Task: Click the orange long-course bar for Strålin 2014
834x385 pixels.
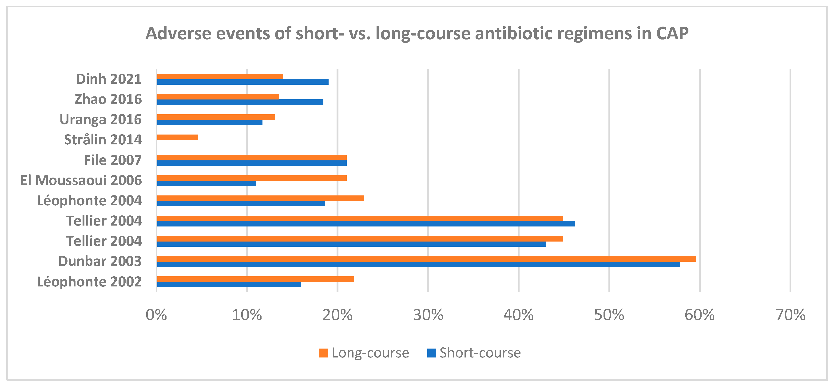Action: (x=177, y=137)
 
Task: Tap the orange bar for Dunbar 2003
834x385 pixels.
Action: (x=426, y=259)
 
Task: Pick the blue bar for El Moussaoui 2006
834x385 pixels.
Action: (x=207, y=183)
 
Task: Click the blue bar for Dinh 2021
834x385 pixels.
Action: (x=243, y=82)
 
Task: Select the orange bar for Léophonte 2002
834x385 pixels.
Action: (x=255, y=279)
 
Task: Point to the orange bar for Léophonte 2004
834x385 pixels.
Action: (x=260, y=198)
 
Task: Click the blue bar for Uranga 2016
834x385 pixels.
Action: (x=210, y=122)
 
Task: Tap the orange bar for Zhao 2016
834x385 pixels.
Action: (x=218, y=97)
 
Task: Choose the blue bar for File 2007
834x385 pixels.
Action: (x=252, y=163)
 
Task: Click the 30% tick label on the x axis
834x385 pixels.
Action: (x=428, y=315)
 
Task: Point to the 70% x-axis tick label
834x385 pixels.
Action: (x=790, y=315)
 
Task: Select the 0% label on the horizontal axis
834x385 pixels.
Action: (x=156, y=315)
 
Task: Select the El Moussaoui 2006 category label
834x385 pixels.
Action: (x=81, y=180)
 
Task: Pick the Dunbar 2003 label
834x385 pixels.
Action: (x=100, y=261)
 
